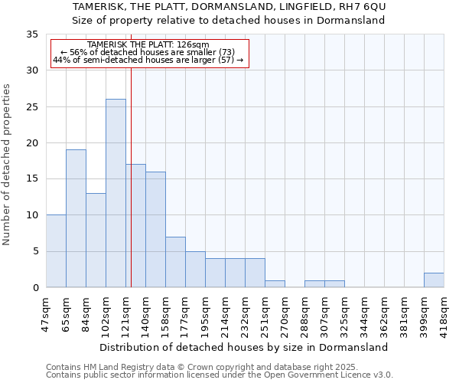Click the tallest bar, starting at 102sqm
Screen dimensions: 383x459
click(116, 193)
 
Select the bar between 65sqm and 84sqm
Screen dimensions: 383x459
click(76, 218)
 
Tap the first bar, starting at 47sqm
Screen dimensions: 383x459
click(56, 251)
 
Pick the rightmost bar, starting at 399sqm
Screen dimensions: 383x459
click(434, 280)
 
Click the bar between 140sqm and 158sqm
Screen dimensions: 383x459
click(155, 229)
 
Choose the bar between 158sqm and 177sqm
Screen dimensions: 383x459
click(175, 262)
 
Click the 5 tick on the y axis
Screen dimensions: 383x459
click(35, 251)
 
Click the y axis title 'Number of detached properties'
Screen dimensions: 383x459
click(7, 164)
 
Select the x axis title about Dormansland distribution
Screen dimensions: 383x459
click(245, 347)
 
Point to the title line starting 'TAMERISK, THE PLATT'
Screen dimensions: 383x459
click(229, 7)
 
